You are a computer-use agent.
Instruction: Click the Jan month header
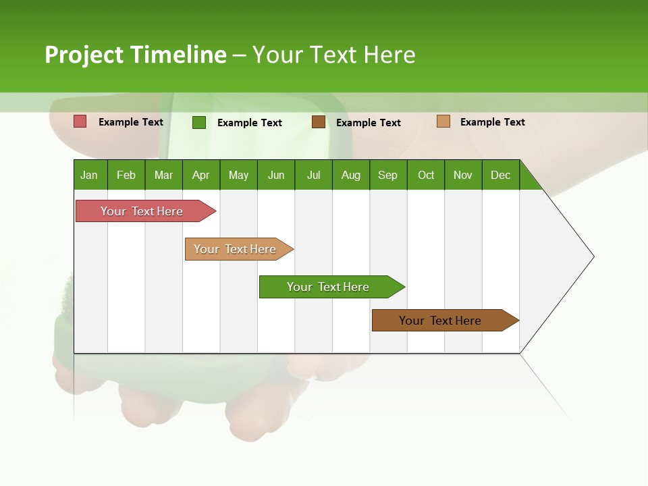pyautogui.click(x=90, y=175)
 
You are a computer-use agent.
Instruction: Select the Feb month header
pyautogui.click(x=126, y=175)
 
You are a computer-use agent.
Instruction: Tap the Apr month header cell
pyautogui.click(x=201, y=175)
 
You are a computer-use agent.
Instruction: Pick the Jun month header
pyautogui.click(x=276, y=175)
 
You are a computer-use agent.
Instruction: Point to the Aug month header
pyautogui.click(x=351, y=175)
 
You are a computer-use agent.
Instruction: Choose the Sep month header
pyautogui.click(x=388, y=175)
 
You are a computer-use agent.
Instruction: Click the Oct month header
pyautogui.click(x=426, y=175)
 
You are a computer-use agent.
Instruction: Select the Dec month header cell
pyautogui.click(x=501, y=175)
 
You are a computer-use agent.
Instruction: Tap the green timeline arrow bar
pyautogui.click(x=329, y=287)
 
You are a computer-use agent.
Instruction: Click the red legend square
pyautogui.click(x=80, y=122)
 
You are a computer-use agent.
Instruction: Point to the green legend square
pyautogui.click(x=199, y=122)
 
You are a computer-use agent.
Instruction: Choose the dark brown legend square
pyautogui.click(x=319, y=122)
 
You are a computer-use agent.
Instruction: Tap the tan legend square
pyautogui.click(x=443, y=122)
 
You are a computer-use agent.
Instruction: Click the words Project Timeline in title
pyautogui.click(x=136, y=55)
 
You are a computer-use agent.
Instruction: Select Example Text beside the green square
pyautogui.click(x=250, y=123)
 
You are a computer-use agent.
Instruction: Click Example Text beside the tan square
pyautogui.click(x=493, y=122)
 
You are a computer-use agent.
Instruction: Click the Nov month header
pyautogui.click(x=463, y=175)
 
